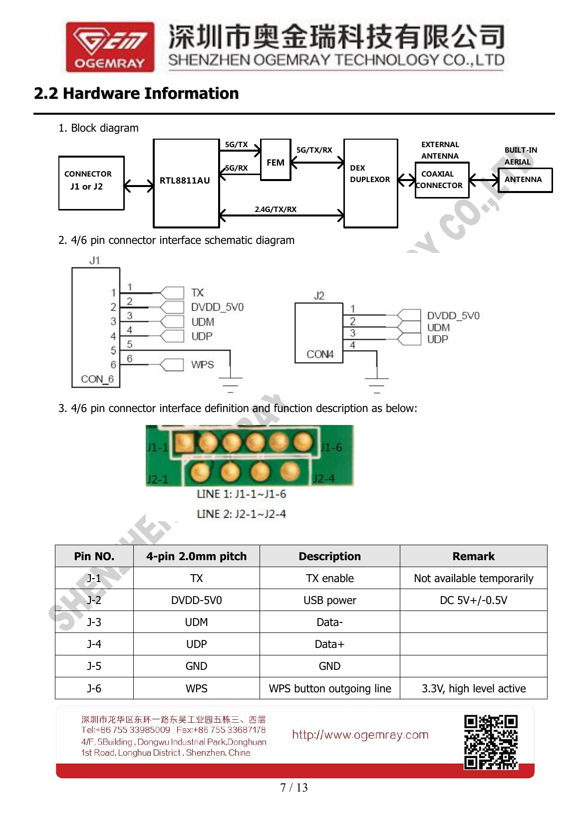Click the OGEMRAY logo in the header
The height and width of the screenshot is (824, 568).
pyautogui.click(x=110, y=46)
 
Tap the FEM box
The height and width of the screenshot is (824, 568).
pyautogui.click(x=276, y=160)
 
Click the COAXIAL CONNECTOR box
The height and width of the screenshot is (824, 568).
pyautogui.click(x=441, y=180)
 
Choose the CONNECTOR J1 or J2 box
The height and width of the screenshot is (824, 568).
pyautogui.click(x=91, y=183)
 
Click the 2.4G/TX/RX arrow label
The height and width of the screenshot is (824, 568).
pyautogui.click(x=276, y=209)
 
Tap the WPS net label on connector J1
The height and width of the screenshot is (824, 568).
pyautogui.click(x=202, y=365)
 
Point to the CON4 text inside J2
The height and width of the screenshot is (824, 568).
pyautogui.click(x=319, y=354)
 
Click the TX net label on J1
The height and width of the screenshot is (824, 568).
pyautogui.click(x=197, y=293)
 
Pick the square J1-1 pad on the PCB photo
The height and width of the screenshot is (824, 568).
pyautogui.click(x=184, y=442)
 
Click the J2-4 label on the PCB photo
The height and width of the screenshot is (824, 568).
pyautogui.click(x=324, y=479)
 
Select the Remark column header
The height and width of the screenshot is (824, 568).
pyautogui.click(x=473, y=556)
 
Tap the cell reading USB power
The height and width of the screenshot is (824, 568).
pyautogui.click(x=329, y=600)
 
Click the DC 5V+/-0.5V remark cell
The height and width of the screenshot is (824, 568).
pyautogui.click(x=473, y=600)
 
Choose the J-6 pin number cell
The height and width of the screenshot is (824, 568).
pyautogui.click(x=94, y=688)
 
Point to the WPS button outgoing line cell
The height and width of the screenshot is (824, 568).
pyautogui.click(x=329, y=688)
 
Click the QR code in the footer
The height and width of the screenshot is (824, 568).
pyautogui.click(x=490, y=742)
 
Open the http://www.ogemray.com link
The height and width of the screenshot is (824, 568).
pyautogui.click(x=360, y=735)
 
